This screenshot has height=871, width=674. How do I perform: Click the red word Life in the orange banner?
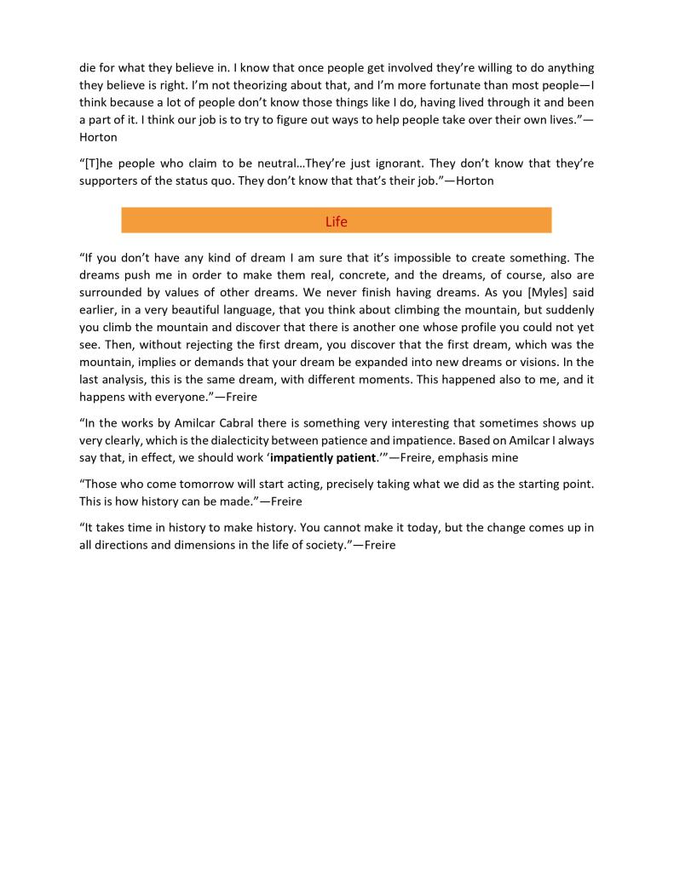(x=337, y=221)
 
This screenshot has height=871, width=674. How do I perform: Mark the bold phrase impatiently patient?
(x=323, y=457)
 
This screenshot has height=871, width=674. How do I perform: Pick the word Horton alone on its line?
(x=99, y=137)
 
